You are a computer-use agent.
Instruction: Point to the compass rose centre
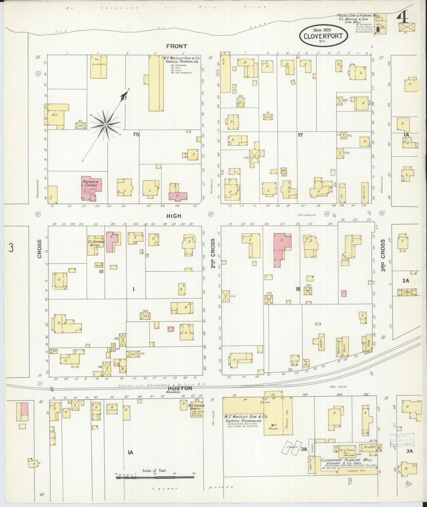coord(105,125)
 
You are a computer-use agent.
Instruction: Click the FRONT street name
coord(176,46)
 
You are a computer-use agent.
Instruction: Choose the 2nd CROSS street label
coord(212,258)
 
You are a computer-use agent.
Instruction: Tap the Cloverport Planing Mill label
coord(346,460)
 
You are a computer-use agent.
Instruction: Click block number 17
coord(300,135)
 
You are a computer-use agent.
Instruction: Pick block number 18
coord(298,289)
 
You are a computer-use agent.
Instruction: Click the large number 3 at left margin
coord(11,248)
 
